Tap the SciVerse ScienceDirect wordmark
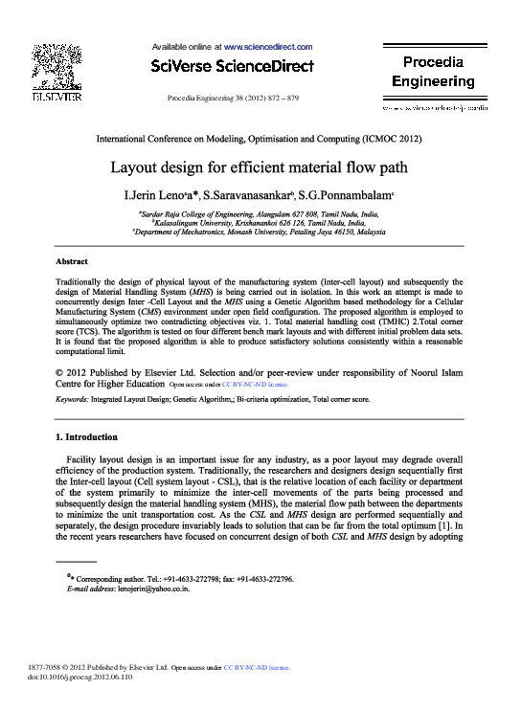tap(233, 66)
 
